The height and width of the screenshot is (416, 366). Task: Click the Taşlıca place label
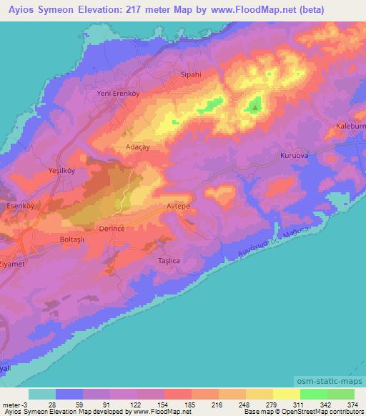pos(169,261)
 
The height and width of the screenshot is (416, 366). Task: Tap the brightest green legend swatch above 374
pos(341,394)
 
